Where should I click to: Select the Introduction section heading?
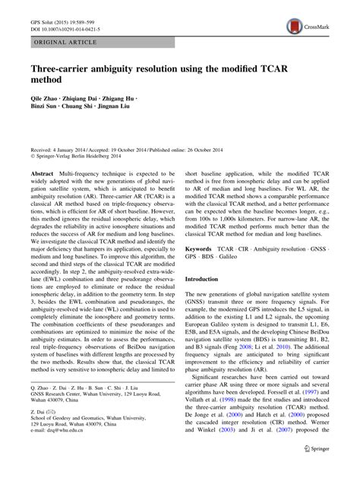[x=207, y=300]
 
